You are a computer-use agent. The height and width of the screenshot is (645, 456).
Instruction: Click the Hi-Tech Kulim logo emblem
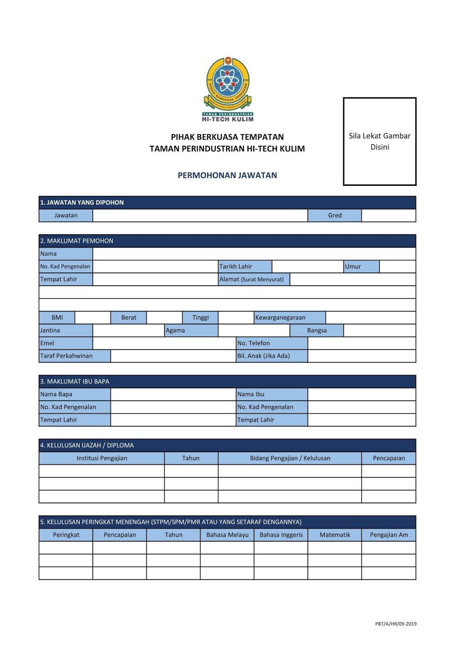coord(228,89)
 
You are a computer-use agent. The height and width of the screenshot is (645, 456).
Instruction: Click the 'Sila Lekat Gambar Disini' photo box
coord(379,141)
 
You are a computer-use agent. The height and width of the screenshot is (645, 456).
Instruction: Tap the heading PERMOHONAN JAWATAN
coord(227,175)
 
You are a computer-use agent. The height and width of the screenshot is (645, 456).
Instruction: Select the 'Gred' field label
coord(335,215)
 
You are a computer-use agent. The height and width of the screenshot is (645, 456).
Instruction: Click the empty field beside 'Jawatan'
coord(200,215)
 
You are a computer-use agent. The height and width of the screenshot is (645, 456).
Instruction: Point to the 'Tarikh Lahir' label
coord(245,266)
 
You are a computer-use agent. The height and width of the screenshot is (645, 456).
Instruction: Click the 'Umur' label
coord(361,266)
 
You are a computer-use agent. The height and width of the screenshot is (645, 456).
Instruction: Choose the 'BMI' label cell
coord(57,318)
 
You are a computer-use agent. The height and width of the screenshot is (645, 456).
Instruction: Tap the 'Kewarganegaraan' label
coord(289,318)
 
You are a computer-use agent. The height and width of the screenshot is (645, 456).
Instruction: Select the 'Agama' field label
coord(191,331)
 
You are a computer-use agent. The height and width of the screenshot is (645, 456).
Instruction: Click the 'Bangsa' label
coord(317,331)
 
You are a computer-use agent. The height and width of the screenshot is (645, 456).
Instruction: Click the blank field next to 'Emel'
coord(164,343)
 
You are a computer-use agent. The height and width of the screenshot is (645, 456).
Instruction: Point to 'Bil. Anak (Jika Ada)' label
coord(272,356)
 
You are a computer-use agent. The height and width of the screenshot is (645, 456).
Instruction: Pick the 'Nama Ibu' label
coord(272,394)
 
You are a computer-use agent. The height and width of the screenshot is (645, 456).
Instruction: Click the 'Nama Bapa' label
coord(75,394)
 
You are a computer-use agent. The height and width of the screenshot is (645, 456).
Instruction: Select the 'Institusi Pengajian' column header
coord(102,458)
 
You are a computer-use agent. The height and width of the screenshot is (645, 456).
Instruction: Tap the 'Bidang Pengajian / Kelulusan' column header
coord(290,458)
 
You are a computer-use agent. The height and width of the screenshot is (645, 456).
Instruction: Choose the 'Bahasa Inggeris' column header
coord(281,535)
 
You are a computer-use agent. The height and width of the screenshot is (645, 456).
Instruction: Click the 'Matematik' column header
coord(335,535)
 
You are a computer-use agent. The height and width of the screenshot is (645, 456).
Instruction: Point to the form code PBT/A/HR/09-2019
coord(396,624)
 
